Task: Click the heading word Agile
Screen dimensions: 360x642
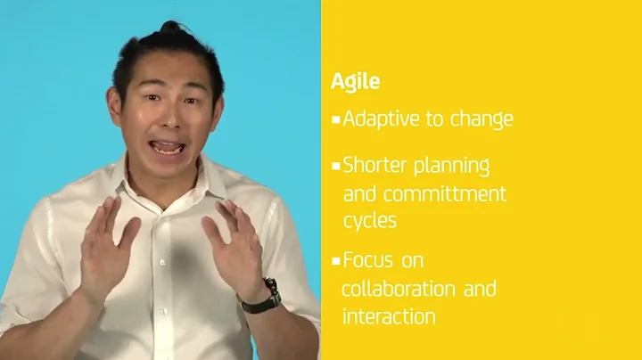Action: click(x=355, y=82)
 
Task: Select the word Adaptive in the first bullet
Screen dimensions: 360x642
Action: click(x=381, y=119)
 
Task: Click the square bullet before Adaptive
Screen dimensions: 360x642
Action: click(x=335, y=119)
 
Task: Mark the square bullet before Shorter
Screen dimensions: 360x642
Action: click(x=335, y=167)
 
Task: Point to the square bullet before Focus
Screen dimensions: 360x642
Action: click(x=335, y=262)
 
